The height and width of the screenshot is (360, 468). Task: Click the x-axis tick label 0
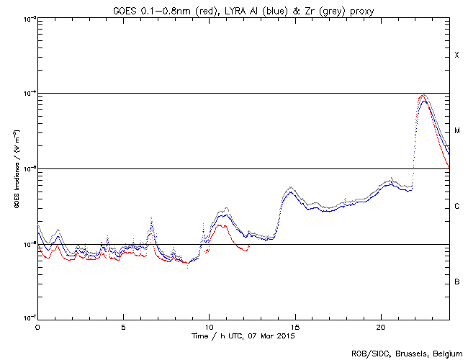[37, 326]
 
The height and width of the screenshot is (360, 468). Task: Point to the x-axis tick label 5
[123, 326]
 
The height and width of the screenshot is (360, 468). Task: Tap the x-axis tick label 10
[210, 326]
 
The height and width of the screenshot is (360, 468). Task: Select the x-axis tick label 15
[295, 326]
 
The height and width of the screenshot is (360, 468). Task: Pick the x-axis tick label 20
[381, 326]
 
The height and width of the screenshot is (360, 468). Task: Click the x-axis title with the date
[243, 336]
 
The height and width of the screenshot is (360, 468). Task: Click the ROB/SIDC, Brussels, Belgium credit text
[406, 354]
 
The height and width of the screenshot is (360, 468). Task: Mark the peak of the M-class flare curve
[423, 95]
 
